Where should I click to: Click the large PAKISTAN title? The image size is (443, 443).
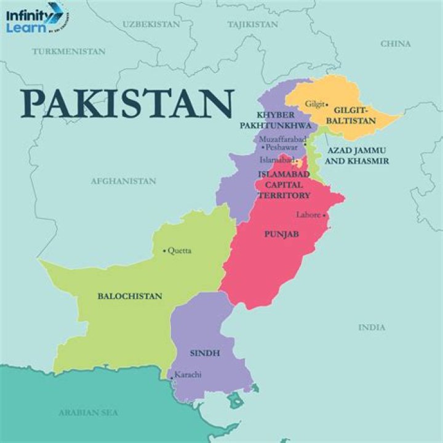pos(127,103)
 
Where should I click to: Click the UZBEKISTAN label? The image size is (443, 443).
pos(151,24)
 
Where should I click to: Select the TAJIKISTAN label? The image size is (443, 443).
pos(252,25)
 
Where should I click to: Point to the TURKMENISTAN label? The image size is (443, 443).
pos(69,52)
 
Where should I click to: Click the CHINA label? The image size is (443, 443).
pos(396,44)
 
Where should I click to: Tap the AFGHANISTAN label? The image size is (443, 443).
pos(123,182)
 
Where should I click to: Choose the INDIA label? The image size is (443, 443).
pos(372,327)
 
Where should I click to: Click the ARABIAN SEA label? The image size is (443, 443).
pos(89,412)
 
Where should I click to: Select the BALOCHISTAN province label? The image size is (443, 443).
pos(130,296)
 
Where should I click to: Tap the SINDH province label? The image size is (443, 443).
pos(205,353)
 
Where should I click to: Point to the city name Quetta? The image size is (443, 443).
pos(179,250)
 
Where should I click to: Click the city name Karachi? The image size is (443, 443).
pos(188,374)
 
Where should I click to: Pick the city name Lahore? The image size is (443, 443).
pos(308,215)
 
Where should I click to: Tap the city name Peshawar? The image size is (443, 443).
pos(281,148)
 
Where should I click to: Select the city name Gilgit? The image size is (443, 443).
pos(314,105)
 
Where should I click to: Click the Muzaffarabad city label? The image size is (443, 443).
pos(281,139)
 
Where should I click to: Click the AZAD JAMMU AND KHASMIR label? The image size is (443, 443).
pos(357,155)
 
